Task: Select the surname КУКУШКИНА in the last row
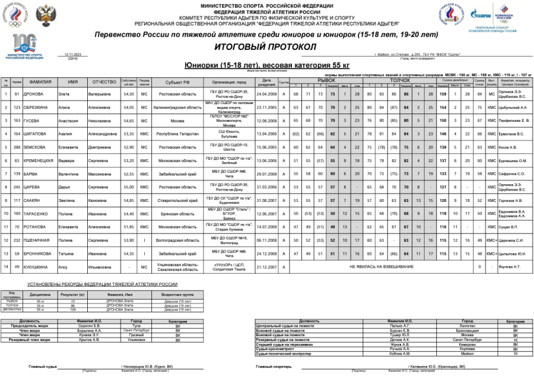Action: (x=40, y=267)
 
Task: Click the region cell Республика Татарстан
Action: (x=177, y=134)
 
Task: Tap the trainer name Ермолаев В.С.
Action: (x=513, y=134)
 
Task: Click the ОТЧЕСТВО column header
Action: (x=104, y=82)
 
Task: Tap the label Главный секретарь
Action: (x=274, y=366)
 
